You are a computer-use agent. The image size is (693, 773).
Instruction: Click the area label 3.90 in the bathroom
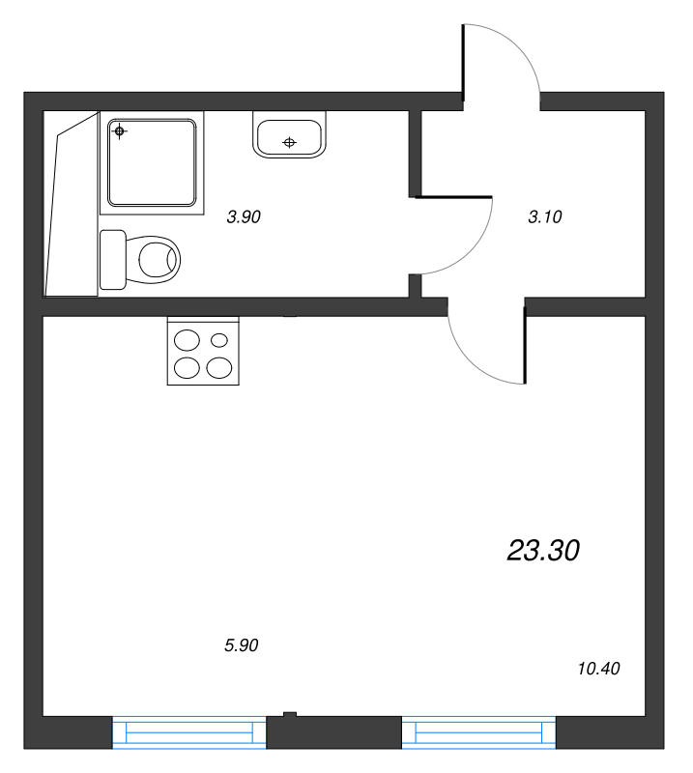click(x=244, y=217)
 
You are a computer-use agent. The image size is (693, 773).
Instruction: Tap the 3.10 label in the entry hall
click(x=545, y=217)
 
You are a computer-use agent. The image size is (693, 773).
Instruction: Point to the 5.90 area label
click(x=243, y=645)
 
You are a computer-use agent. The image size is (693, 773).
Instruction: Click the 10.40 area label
click(x=598, y=668)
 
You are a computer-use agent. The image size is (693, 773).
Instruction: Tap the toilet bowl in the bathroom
click(x=159, y=259)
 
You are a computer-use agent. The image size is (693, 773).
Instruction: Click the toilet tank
click(x=113, y=259)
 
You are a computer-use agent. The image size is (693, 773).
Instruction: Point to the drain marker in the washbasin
click(x=288, y=143)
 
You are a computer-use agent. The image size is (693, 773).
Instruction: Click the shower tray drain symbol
click(x=119, y=130)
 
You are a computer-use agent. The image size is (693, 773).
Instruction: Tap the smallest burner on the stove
click(x=219, y=339)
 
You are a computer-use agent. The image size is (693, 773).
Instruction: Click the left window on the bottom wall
click(x=189, y=731)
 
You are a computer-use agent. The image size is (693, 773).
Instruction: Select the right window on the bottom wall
click(x=479, y=731)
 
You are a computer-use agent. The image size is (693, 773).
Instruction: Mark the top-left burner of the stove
click(x=187, y=340)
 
